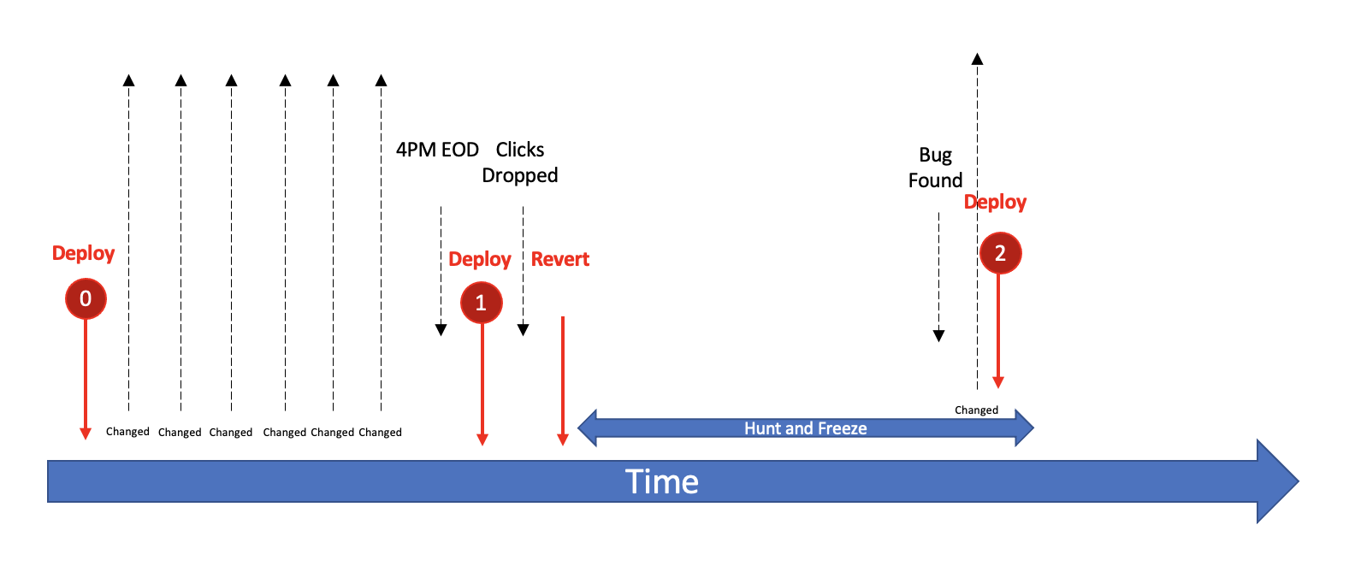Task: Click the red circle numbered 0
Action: point(86,298)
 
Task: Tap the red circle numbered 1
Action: point(482,303)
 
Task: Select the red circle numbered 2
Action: point(1000,253)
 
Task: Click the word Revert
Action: point(560,259)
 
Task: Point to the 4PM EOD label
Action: point(437,150)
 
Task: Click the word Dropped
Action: point(520,175)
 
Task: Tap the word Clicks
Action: point(520,150)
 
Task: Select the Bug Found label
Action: point(936,168)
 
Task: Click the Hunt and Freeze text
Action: point(805,428)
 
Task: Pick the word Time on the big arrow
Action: point(661,482)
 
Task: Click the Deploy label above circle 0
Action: point(83,253)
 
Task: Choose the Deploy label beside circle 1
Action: point(480,259)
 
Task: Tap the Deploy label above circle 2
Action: point(995,202)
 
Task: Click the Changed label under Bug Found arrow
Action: point(976,410)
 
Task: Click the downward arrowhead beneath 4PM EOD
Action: point(441,330)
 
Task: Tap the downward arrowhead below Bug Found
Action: point(938,336)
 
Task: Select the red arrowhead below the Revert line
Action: point(563,439)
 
